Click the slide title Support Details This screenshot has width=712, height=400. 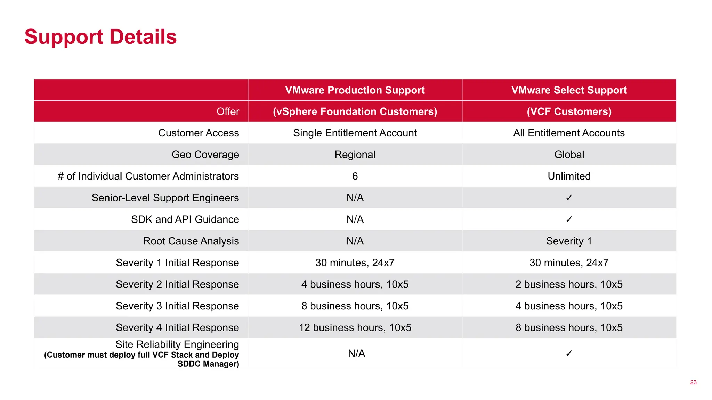100,37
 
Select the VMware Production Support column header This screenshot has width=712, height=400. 355,90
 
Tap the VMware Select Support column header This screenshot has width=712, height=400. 569,90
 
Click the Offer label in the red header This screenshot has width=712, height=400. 228,111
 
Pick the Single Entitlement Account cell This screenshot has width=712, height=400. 355,133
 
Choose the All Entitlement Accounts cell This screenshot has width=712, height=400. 569,133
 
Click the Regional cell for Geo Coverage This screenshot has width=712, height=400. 355,155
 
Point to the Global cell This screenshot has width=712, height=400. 569,155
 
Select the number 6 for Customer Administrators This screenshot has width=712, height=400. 355,176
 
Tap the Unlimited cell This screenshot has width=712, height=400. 569,176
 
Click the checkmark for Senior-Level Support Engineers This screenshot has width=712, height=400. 569,198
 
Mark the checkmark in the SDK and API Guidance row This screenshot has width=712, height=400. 569,219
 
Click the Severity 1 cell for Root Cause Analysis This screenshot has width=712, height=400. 569,241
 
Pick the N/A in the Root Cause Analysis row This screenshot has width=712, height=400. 355,241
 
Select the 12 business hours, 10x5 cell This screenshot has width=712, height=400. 355,327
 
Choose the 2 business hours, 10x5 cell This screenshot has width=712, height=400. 569,284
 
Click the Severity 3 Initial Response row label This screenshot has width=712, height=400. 177,306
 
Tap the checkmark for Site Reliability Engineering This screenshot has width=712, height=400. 569,353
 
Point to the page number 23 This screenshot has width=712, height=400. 693,382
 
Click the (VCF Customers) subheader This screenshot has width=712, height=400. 569,111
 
